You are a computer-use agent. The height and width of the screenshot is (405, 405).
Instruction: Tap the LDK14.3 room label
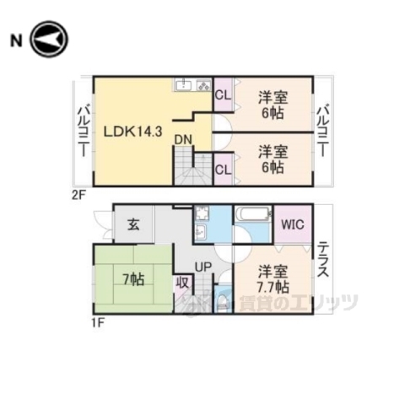(x=134, y=131)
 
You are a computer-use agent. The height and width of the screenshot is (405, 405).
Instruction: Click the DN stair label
(x=184, y=140)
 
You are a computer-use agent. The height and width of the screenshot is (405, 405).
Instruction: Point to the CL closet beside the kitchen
(x=223, y=94)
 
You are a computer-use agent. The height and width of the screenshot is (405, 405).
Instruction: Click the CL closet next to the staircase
(x=224, y=170)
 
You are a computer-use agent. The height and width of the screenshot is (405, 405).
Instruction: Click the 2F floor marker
(x=78, y=192)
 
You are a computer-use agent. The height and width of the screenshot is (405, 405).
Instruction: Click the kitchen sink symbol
(x=183, y=85)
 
